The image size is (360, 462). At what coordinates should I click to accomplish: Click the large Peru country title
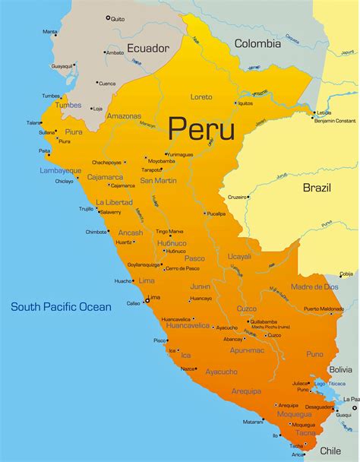pos(201,127)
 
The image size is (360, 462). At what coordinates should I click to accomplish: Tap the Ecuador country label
pos(148,48)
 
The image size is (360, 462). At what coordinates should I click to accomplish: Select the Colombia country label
pos(257,44)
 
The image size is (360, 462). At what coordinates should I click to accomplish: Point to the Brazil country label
pos(317,187)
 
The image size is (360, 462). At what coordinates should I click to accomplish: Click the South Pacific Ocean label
pos(61,307)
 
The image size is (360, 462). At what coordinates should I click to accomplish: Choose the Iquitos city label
pos(245,103)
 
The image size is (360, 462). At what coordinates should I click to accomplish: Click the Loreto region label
pos(201,97)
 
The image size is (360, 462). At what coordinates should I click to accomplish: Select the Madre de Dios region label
pos(314,286)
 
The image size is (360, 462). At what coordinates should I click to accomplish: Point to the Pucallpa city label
pos(216,214)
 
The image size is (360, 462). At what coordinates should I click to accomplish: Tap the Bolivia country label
pos(339,369)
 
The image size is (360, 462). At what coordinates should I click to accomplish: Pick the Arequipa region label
pos(246,391)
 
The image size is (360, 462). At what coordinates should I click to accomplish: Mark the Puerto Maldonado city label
pos(324,309)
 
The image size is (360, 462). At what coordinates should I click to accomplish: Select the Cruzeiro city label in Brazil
pos(238,197)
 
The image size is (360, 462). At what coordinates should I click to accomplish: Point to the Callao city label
pos(134,303)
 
